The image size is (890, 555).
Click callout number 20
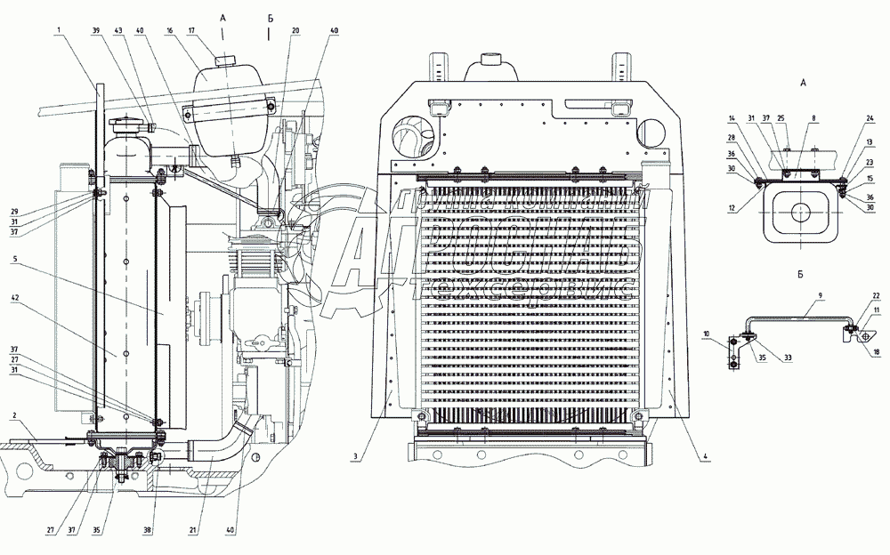coord(294,30)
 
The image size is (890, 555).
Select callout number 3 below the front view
coord(354,457)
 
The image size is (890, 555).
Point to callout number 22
coord(875,296)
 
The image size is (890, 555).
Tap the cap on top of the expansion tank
coord(222,59)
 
